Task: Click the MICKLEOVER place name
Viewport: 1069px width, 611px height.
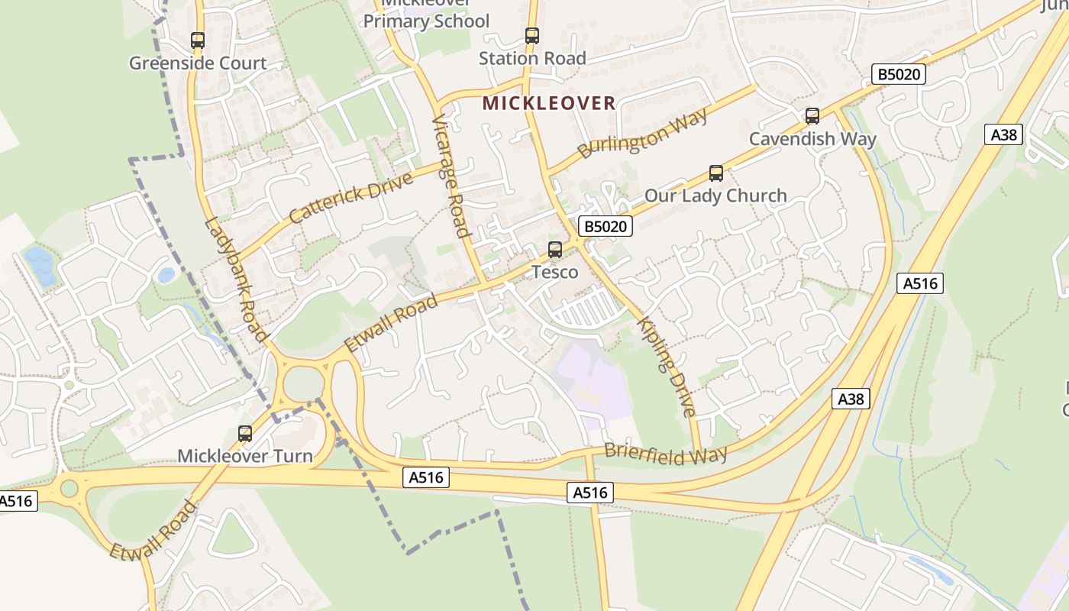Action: pos(549,103)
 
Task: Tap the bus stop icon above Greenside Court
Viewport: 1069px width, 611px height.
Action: pos(198,40)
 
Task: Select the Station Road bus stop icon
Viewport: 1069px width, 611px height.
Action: pos(532,35)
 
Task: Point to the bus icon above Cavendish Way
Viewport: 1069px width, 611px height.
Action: pos(812,116)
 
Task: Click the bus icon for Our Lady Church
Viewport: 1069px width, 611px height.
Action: pos(716,173)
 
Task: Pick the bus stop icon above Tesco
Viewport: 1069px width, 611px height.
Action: pos(555,249)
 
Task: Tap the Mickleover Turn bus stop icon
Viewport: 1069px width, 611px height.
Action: pos(245,434)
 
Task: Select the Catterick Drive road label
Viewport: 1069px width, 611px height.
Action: pos(351,196)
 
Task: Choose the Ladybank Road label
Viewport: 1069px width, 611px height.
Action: pos(237,279)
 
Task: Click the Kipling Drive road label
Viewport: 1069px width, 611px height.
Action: pos(667,366)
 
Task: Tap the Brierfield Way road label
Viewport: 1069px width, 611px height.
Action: pos(665,453)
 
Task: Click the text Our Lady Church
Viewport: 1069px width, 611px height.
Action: pos(715,196)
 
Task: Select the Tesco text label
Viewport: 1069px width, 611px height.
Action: pos(555,272)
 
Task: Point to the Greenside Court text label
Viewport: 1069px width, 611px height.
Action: pos(198,63)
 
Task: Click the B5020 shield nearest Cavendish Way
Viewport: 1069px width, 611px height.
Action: pos(899,74)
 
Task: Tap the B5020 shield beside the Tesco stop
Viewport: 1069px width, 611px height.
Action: pos(606,226)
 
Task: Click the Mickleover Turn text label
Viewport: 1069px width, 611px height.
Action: pos(245,456)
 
